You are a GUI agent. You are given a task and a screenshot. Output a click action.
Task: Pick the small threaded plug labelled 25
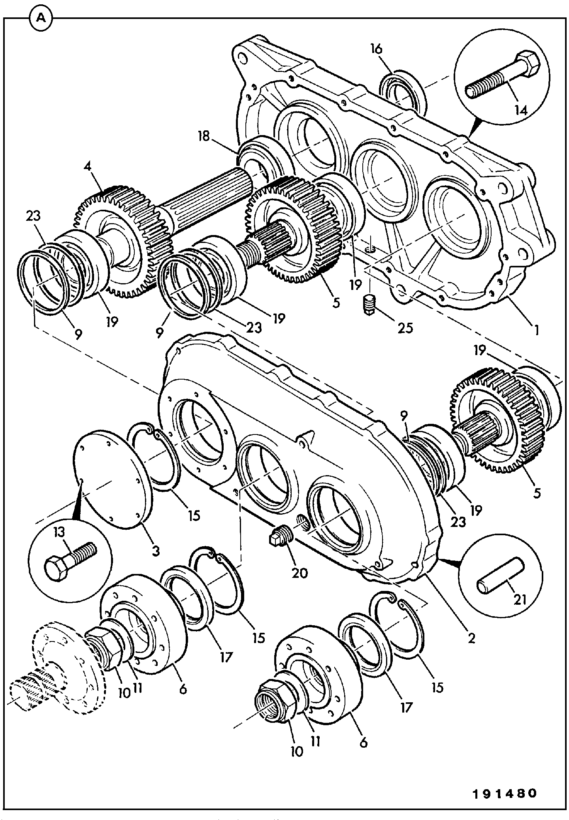click(x=370, y=303)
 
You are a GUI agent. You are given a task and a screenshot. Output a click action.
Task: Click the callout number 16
click(x=376, y=49)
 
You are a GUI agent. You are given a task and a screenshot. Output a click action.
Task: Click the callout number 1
click(x=536, y=329)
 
